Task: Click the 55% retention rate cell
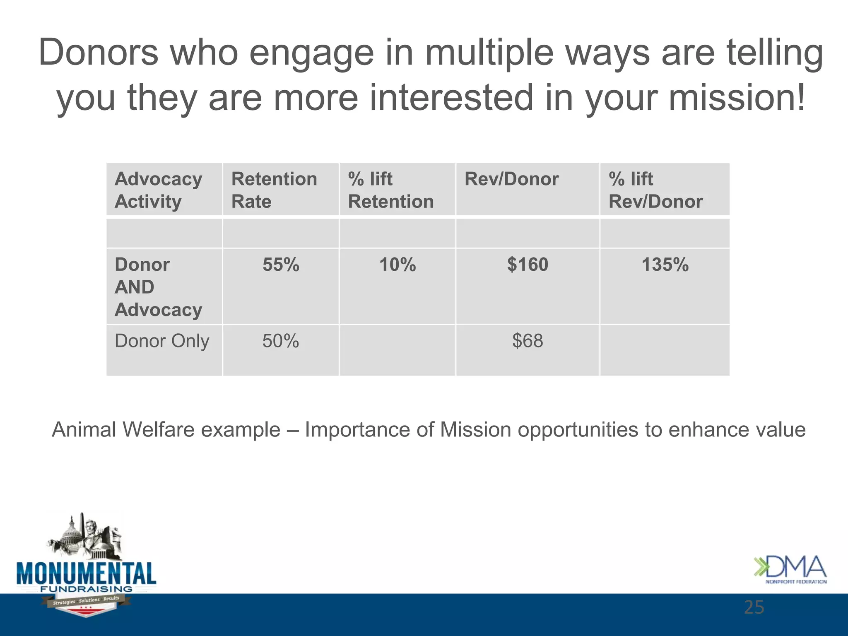281,265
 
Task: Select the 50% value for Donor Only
280,341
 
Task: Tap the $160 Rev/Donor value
528,265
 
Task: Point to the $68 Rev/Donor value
528,341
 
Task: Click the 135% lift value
665,265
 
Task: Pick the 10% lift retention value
397,265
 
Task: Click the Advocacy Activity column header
158,190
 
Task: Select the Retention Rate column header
274,190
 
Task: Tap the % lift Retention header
390,190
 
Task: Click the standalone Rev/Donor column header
511,179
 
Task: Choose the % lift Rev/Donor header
655,190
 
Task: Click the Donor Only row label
162,341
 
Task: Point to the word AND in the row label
135,287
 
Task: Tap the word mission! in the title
737,98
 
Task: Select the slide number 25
754,607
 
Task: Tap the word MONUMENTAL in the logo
86,574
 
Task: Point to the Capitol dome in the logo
70,532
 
